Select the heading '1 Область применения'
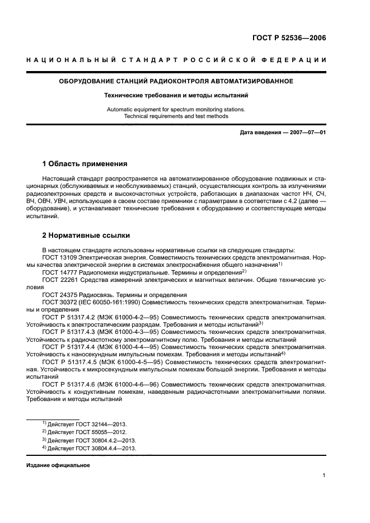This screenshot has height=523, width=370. pos(85,164)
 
